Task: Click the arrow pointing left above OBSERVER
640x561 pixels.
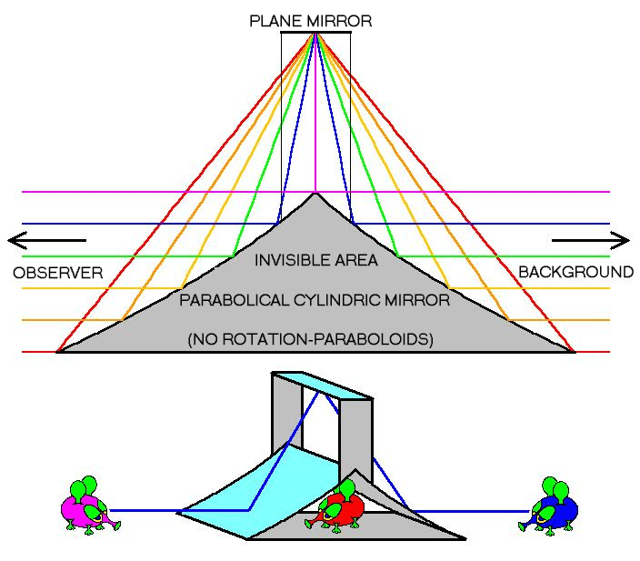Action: (x=45, y=240)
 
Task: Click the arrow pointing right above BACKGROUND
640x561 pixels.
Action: (x=590, y=240)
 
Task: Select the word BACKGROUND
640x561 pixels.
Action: (x=575, y=272)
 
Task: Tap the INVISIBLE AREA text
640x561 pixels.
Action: (x=315, y=260)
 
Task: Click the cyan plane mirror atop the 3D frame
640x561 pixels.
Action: (x=322, y=384)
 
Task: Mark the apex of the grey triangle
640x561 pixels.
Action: (x=315, y=194)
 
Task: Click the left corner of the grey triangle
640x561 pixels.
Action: (x=58, y=351)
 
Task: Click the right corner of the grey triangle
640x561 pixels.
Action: (x=573, y=351)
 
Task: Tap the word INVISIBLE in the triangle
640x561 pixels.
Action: (x=289, y=260)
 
